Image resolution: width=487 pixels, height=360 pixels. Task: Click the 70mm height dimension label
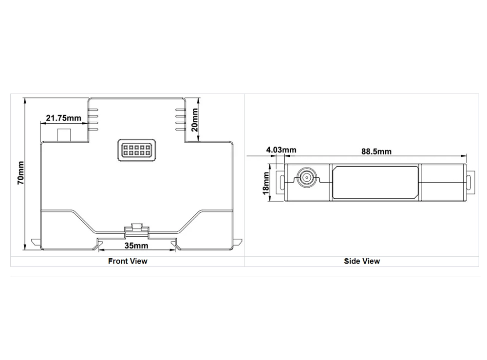pos(20,173)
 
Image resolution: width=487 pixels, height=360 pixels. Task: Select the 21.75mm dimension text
pos(63,118)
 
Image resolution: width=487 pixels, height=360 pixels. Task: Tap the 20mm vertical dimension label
pos(194,120)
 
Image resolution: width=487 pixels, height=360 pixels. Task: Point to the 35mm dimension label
pos(136,246)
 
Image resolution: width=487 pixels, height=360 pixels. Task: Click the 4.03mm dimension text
pos(281,150)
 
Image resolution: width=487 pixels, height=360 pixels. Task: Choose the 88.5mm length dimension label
pos(376,152)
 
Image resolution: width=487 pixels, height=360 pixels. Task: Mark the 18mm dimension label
pos(266,183)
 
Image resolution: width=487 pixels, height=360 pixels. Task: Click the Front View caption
pos(128,261)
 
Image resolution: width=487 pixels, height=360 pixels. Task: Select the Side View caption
pos(362,261)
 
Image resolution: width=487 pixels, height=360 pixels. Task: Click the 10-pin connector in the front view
pos(137,150)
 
